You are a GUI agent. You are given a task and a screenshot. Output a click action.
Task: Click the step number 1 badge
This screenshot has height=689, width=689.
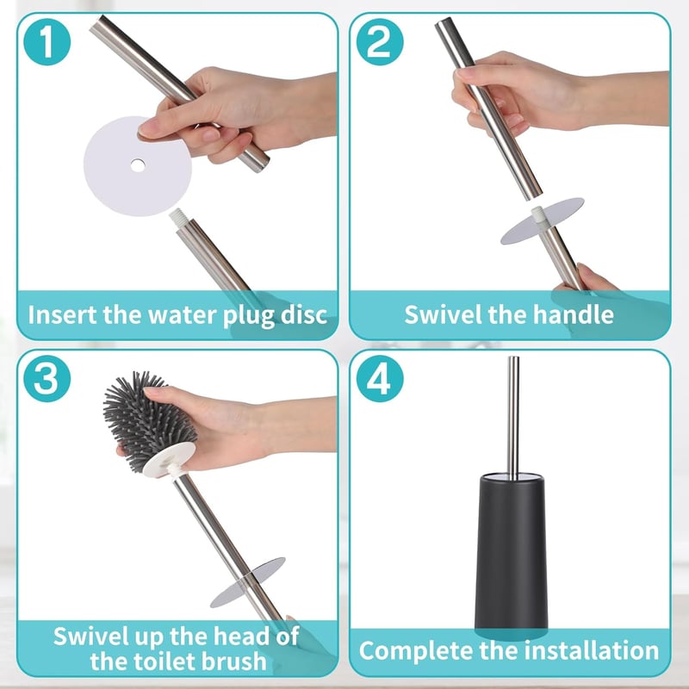47,42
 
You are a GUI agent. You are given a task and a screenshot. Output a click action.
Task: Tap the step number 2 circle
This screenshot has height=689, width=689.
380,42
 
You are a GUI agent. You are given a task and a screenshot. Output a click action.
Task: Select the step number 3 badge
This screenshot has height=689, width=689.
47,378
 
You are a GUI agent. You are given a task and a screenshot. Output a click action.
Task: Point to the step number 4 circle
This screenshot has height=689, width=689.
380,378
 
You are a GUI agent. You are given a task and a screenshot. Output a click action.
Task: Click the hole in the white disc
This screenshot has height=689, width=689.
138,165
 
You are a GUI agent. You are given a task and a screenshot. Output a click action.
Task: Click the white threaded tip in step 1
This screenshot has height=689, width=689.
177,218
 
